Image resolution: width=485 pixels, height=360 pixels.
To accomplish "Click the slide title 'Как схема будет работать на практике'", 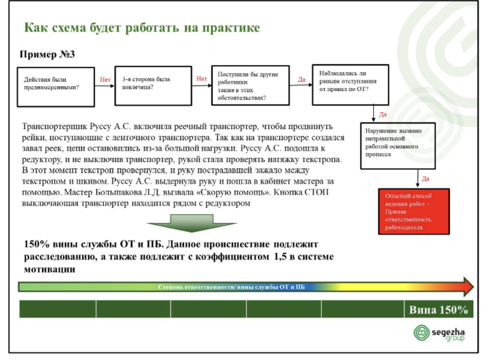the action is pos(142,28).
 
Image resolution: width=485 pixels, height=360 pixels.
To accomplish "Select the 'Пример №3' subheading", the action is pos(47,55).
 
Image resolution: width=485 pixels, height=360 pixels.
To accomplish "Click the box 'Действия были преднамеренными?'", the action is pos(56,87).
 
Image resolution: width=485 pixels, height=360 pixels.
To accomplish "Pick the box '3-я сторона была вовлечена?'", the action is pos(153,86).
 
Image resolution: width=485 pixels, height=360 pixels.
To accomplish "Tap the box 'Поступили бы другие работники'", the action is pos(251,86).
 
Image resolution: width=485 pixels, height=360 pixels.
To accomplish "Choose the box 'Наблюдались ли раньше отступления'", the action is pos(350,84).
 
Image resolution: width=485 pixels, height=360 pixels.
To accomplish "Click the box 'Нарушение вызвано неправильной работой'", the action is pos(398,146).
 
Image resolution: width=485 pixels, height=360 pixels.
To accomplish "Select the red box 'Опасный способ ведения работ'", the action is pos(414,212).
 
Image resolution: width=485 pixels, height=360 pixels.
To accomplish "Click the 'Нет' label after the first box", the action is pos(105,80).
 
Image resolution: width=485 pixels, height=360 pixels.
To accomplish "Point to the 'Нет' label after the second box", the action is pos(201,79).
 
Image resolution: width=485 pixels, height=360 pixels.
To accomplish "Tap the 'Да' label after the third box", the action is pos(302,80).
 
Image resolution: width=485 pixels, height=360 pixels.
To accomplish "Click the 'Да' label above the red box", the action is pos(426,179).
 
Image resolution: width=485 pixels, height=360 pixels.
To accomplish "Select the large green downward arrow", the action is pos(192,223).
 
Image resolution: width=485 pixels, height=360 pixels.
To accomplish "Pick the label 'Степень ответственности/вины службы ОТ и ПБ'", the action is pos(231,287).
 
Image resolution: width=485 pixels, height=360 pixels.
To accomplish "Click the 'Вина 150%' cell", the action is pos(439,309).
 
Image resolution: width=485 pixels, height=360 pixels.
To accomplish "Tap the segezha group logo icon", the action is pos(422,333).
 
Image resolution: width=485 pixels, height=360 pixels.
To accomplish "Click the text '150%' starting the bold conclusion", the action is pos(37,244).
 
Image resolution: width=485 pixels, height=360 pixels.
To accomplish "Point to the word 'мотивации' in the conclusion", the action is pos(49,269).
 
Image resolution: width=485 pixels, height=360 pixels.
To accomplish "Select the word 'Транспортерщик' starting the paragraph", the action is pos(54,127).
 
